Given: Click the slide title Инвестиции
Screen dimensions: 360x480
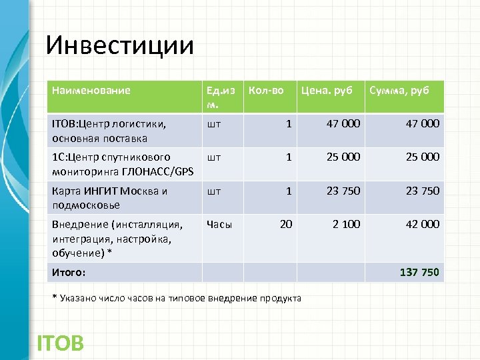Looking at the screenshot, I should pos(120,45).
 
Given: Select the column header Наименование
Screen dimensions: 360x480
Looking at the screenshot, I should pos(91,91).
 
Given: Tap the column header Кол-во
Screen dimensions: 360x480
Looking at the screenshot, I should pos(266,91).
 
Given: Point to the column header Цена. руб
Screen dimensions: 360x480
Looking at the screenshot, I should pos(327,91).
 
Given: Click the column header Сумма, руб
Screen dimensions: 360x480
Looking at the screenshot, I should pos(399,91).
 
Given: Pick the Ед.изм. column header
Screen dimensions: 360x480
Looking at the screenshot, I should pos(221,97).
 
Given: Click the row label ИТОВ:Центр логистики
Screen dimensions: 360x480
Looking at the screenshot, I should pos(109,131).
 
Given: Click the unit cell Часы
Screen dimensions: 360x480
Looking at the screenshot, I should pos(219,225).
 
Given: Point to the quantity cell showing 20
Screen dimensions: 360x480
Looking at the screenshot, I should pos(285,225).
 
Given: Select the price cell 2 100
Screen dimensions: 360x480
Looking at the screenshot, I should pos(346,225).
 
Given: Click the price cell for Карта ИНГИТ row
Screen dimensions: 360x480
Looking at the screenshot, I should pos(343,191).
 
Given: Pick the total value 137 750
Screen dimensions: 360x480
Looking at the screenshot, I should pos(419,272).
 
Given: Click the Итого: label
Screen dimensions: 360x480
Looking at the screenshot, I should pos(69,272).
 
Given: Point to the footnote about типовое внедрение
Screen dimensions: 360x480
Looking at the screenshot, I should pos(177,298).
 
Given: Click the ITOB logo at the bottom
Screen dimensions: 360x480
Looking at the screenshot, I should pos(60,343).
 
